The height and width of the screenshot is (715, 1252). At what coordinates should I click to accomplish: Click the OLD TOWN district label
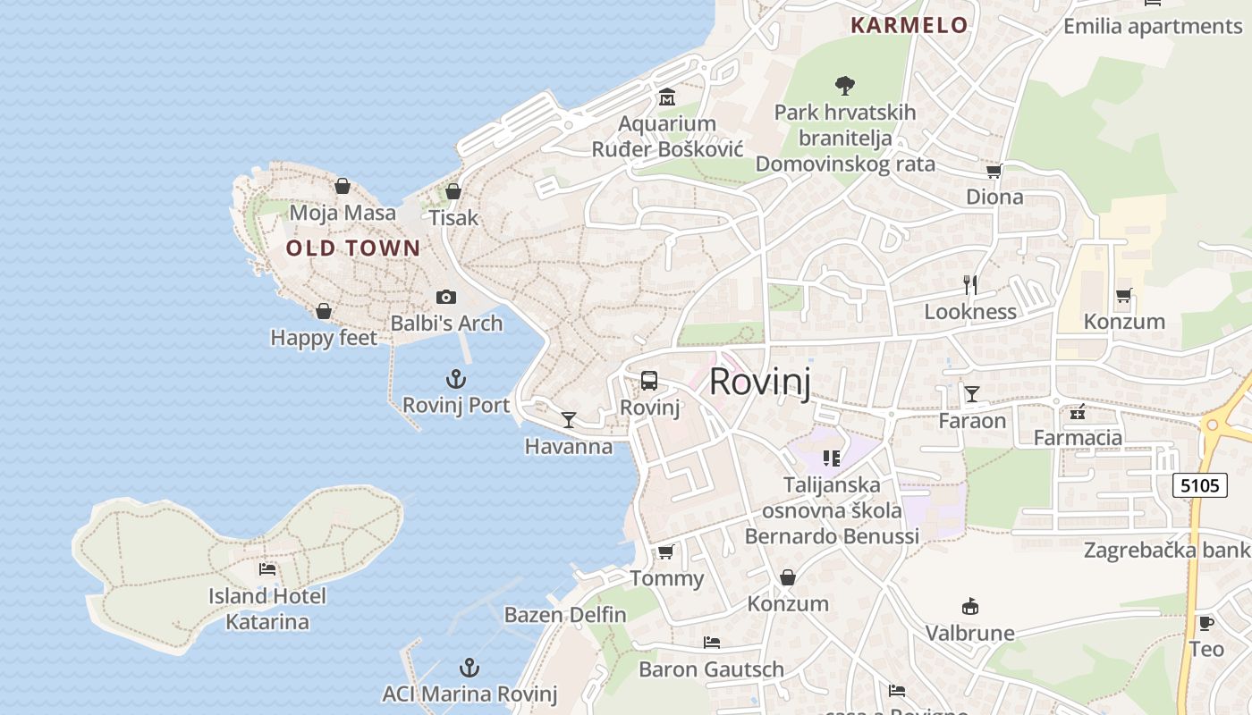(352, 248)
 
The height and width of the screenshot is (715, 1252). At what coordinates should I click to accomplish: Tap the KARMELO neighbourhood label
(909, 25)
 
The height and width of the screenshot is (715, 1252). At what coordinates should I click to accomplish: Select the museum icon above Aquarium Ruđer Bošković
(666, 97)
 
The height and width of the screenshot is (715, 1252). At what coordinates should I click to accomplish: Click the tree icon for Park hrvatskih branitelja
(844, 86)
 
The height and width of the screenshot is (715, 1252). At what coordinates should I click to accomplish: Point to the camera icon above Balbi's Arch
(445, 297)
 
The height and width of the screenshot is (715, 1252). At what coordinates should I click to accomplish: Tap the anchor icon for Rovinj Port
(456, 378)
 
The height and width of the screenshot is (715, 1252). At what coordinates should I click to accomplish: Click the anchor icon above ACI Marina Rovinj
(469, 668)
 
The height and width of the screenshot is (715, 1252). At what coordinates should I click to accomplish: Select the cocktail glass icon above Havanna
(568, 419)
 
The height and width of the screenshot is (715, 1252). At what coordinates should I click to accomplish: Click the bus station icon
(649, 381)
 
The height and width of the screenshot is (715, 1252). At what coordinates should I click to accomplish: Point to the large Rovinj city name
(760, 383)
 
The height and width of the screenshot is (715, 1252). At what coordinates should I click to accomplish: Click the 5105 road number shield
(1199, 485)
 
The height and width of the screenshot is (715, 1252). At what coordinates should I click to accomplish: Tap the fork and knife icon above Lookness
(970, 285)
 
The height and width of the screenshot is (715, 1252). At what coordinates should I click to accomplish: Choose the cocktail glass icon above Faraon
(972, 393)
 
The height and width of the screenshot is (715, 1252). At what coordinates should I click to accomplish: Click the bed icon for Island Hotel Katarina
(266, 569)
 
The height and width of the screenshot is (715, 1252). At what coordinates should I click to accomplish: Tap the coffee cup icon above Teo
(1205, 623)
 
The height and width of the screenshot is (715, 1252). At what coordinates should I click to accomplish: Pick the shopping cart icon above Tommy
(665, 551)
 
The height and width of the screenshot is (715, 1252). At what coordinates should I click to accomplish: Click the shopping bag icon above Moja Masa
(342, 186)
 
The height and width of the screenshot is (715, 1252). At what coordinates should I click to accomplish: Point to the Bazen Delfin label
(565, 615)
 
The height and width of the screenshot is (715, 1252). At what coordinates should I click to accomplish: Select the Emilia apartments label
(1152, 27)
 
